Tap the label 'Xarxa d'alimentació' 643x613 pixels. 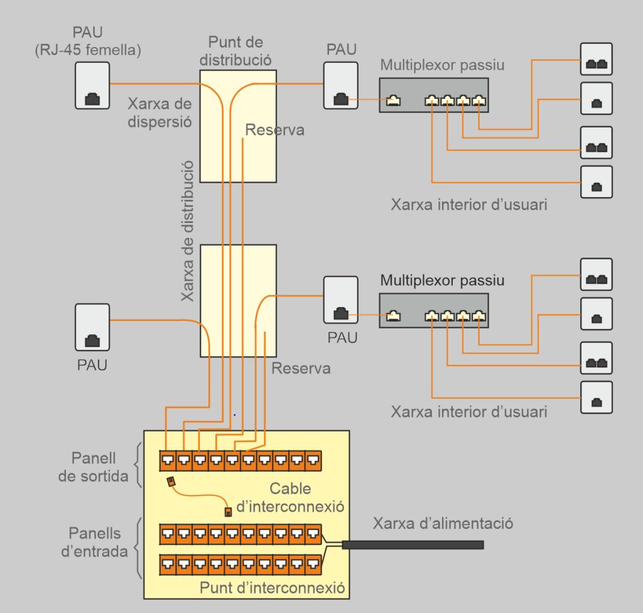pos(443,523)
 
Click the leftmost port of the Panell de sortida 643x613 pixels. pos(167,462)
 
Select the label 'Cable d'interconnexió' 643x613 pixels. pos(291,497)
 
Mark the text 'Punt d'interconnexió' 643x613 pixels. pos(273,589)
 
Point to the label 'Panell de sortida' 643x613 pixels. pos(93,467)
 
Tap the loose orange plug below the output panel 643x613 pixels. pos(171,482)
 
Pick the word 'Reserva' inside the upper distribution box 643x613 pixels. pos(274,130)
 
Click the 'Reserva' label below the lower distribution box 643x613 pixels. pos(301,368)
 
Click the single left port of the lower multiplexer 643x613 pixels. pos(394,316)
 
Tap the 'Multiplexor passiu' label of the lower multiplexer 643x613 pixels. pos(442,280)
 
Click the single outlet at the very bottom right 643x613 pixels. pos(596,398)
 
